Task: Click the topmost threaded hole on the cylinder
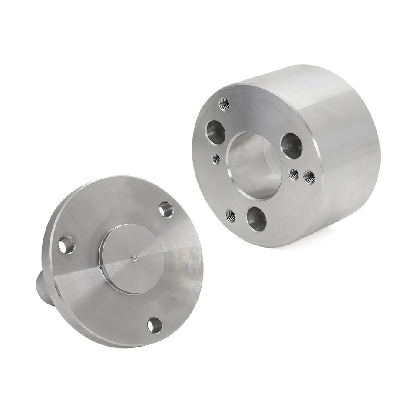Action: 224,104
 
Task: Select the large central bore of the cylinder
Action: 254,165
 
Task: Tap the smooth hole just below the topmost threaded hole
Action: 216,132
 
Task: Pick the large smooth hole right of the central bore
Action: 291,146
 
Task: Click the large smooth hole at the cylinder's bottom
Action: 256,219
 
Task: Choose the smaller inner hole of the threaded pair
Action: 294,174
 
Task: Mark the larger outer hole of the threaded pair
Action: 309,177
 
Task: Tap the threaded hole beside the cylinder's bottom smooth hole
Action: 231,215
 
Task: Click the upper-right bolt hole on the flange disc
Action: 166,209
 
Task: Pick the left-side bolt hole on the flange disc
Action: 66,245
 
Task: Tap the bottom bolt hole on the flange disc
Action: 155,325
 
